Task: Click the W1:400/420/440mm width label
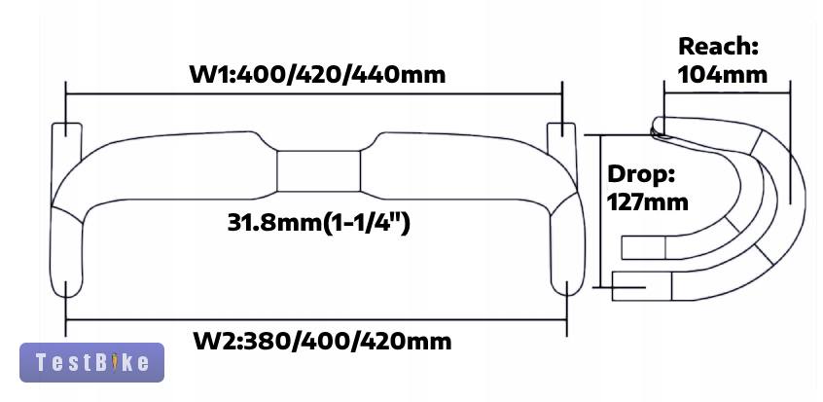tap(317, 74)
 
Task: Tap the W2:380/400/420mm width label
tap(322, 341)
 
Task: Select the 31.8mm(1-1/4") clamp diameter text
tap(319, 223)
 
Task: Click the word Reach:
tap(719, 47)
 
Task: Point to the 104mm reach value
tap(722, 74)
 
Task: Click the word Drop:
tap(641, 174)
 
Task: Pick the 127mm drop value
tap(647, 201)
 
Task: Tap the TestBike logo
tap(91, 362)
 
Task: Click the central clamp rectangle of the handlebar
tap(319, 171)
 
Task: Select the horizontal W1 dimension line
tap(314, 94)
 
